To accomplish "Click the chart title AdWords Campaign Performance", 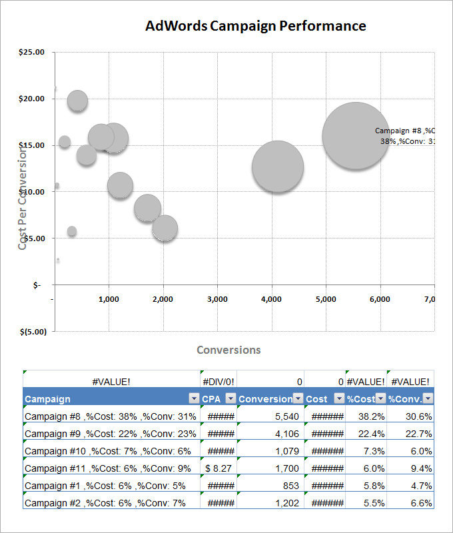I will (x=256, y=26).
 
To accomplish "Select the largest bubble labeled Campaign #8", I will (x=356, y=135).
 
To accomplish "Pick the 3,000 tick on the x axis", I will (x=217, y=299).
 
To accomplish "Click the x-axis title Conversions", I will (x=228, y=350).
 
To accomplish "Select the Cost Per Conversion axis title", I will (x=23, y=199).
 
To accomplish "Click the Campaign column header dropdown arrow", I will (x=194, y=398).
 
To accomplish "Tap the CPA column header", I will (x=211, y=399).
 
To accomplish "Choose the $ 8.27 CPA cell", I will (x=219, y=468).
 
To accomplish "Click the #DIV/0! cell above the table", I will (x=219, y=381).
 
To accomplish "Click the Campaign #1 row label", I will (x=105, y=486).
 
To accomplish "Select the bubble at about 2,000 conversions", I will (x=165, y=229).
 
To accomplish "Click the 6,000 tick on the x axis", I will (x=380, y=299).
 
